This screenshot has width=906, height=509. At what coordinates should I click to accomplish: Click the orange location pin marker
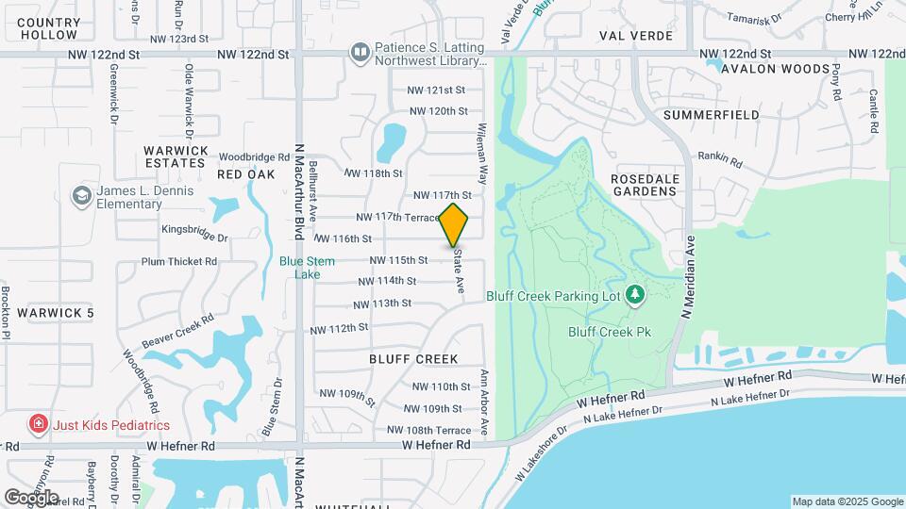[x=454, y=224]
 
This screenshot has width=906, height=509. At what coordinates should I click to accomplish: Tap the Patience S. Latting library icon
[x=359, y=52]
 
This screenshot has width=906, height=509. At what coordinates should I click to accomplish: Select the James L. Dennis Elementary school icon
[x=82, y=195]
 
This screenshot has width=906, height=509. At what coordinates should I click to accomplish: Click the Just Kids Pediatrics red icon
[x=38, y=424]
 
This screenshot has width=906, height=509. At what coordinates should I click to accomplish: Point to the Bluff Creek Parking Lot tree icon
[x=635, y=295]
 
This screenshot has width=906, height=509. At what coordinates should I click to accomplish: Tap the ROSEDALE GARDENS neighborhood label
[x=645, y=184]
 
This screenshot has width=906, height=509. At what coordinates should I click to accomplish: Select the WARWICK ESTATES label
[x=176, y=156]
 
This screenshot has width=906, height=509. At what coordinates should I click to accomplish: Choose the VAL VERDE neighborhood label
[x=636, y=36]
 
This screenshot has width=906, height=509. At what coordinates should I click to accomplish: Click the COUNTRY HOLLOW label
[x=47, y=28]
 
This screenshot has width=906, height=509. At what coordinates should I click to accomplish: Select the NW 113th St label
[x=382, y=304]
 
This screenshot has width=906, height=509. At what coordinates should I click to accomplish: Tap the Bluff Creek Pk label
[x=611, y=332]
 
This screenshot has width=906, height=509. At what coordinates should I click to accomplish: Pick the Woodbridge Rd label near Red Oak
[x=254, y=157]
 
